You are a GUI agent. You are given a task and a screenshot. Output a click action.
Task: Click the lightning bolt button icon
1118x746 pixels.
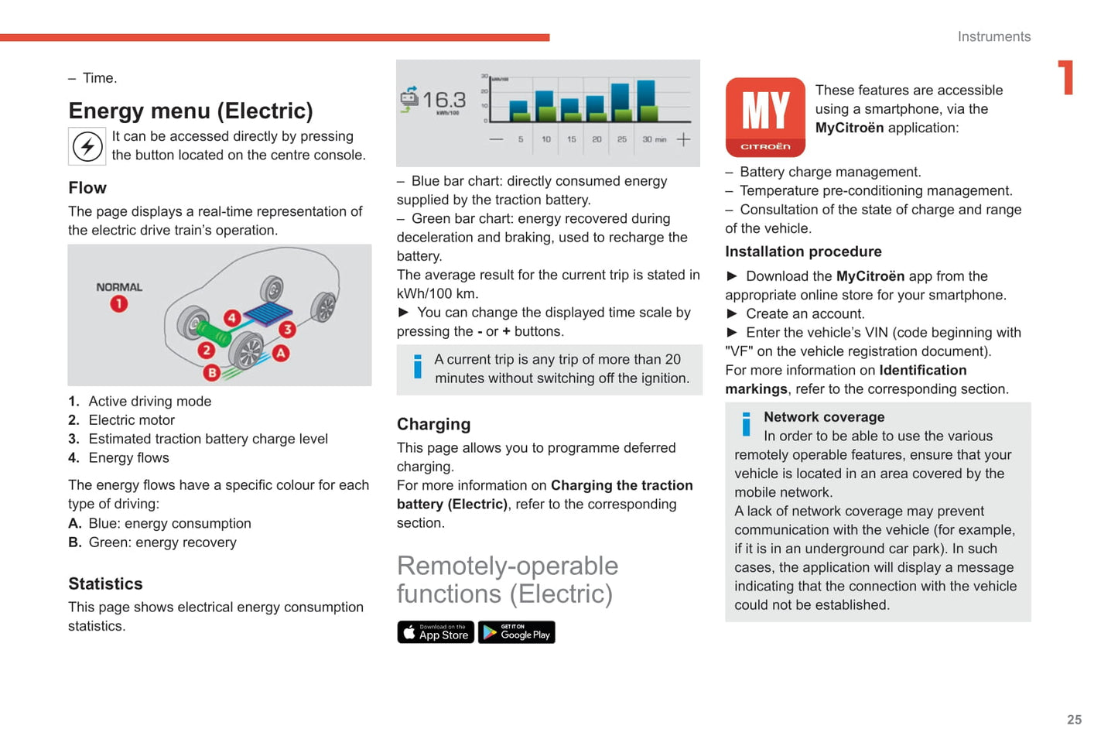[x=87, y=146]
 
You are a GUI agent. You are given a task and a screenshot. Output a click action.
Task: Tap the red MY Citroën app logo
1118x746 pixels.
[x=765, y=117]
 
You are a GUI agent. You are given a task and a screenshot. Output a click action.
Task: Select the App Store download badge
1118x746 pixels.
[x=436, y=632]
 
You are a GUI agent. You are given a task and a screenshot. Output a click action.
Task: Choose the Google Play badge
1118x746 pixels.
[x=517, y=632]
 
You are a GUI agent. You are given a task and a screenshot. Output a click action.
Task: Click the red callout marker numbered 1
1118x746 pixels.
[x=118, y=304]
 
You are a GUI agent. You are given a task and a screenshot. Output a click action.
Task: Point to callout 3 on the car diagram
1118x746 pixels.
[x=287, y=330]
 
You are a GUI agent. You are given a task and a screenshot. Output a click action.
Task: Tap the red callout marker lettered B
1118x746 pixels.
[x=212, y=372]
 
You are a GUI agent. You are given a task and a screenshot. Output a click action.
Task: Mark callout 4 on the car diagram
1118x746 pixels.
[x=232, y=317]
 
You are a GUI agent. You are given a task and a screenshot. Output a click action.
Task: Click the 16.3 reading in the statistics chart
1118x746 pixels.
[x=443, y=100]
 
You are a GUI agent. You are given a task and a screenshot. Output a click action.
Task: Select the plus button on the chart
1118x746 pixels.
[x=683, y=139]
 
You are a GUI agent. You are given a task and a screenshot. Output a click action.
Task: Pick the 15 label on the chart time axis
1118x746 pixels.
[x=572, y=139]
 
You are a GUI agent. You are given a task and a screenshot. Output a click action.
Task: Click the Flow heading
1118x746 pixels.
[x=87, y=188]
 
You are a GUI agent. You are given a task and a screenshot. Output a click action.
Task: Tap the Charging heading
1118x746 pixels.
[x=433, y=424]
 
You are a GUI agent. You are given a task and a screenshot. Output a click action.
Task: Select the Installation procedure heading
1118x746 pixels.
[x=803, y=252]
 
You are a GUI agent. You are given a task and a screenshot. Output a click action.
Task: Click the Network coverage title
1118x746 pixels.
[x=824, y=417]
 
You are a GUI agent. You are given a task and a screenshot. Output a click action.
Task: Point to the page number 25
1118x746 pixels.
[x=1074, y=720]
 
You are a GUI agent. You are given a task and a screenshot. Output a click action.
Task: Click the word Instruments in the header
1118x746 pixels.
[x=993, y=36]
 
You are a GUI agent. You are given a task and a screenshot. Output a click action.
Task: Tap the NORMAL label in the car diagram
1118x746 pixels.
[x=119, y=287]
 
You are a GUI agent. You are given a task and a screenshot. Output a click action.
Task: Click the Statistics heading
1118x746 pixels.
[x=105, y=583]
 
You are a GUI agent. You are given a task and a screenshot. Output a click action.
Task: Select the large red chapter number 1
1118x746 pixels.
[x=1067, y=77]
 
